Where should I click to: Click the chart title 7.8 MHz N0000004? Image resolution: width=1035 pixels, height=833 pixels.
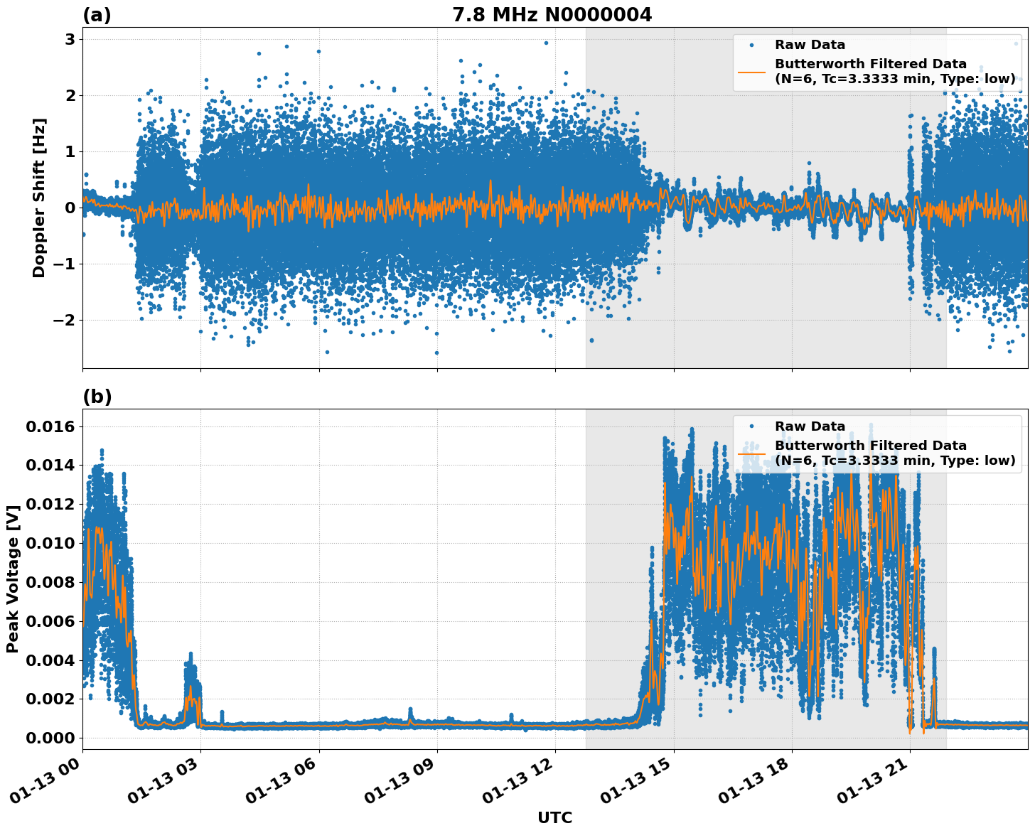(552, 15)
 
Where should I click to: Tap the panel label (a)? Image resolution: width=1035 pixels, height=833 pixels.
(97, 15)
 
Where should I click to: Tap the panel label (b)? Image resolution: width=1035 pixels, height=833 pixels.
(97, 397)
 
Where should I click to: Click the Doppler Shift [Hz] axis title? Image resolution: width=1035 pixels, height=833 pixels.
(39, 198)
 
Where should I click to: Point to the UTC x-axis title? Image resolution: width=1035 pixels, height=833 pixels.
(554, 817)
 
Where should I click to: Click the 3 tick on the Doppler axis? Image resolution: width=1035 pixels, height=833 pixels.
(70, 39)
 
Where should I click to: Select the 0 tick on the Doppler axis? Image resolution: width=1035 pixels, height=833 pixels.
(70, 208)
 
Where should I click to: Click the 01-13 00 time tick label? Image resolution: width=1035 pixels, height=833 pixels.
(53, 782)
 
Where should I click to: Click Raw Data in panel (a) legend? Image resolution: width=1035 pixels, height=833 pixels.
(810, 45)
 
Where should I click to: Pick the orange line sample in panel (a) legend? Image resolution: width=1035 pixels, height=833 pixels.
(751, 72)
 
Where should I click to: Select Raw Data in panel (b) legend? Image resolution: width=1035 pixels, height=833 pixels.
(810, 426)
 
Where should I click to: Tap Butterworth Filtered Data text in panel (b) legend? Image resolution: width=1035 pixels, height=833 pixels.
(871, 446)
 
